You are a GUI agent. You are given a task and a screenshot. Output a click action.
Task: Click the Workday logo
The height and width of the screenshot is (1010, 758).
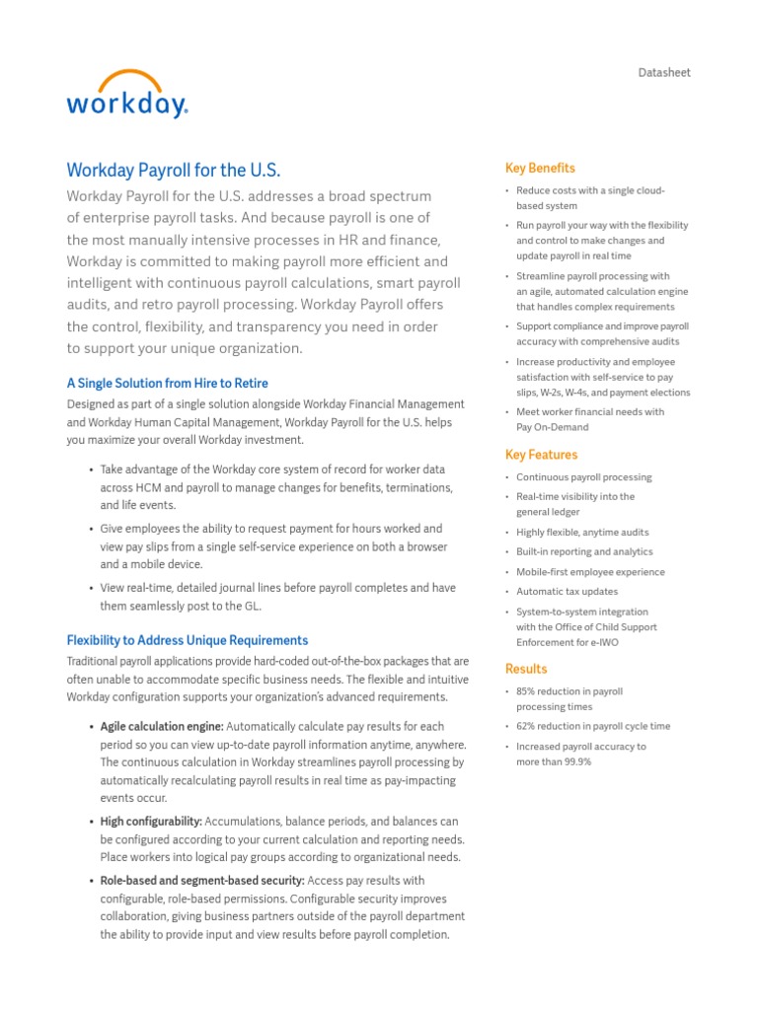[126, 95]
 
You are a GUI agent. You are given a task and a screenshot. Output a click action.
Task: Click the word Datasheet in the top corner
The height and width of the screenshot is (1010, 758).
[664, 73]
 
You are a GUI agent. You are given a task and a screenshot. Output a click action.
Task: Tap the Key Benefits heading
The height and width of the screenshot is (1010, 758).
[540, 168]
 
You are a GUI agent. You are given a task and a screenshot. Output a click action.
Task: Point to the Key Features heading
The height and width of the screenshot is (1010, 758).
[541, 455]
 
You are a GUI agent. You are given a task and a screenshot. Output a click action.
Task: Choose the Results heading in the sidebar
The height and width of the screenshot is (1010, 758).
[526, 669]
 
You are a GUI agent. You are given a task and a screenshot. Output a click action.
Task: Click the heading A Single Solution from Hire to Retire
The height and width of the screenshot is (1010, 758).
[167, 383]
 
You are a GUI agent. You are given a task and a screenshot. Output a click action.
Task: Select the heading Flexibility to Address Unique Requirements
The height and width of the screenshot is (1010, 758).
[187, 640]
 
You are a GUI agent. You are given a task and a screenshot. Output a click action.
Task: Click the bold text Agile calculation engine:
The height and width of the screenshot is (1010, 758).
[162, 727]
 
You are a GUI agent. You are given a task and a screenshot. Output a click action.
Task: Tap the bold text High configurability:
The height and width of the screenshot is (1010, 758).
[151, 822]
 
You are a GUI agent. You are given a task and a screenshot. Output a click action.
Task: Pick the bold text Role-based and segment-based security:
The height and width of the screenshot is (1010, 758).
[202, 881]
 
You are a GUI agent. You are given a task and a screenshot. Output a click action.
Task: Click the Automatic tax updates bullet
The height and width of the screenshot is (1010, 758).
[567, 592]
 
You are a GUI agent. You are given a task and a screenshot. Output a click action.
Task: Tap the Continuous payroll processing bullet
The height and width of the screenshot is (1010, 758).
[583, 477]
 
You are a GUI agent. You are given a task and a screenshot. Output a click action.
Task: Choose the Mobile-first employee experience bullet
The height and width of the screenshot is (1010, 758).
[590, 572]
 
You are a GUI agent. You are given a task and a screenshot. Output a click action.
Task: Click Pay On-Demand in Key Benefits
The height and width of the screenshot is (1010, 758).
[552, 428]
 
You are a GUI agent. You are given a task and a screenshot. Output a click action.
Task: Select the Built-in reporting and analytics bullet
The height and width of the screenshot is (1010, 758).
[584, 552]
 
